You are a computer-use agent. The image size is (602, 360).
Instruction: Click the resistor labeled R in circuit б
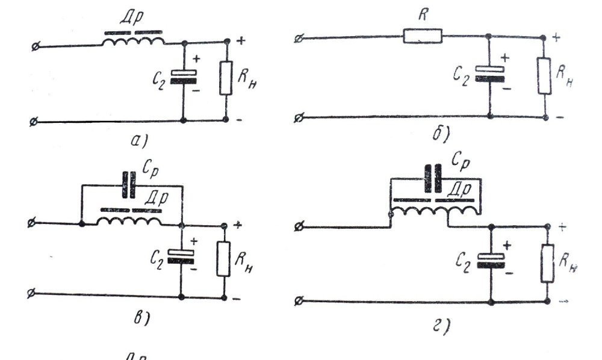[422, 37]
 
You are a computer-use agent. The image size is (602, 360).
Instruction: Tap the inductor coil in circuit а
[132, 41]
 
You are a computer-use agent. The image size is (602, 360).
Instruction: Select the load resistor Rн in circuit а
[226, 78]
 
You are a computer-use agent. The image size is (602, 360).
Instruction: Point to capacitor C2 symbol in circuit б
[491, 73]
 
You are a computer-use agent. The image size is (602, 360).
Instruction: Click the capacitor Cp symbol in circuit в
[129, 186]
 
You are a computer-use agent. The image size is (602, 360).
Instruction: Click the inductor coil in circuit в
[130, 220]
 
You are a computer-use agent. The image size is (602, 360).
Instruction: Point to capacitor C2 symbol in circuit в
[181, 257]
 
